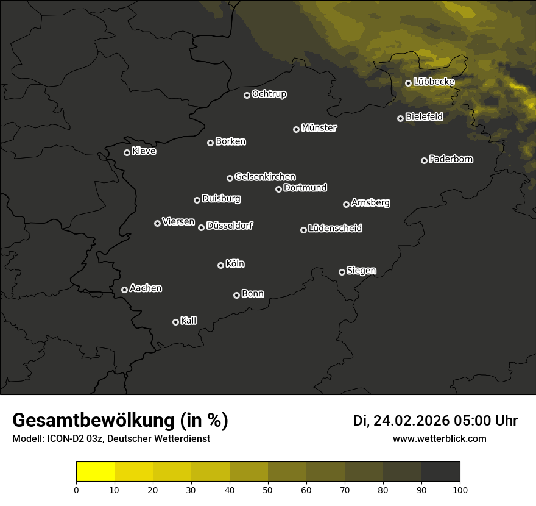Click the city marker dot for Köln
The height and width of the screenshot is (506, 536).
(220, 265)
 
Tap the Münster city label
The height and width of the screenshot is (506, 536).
(319, 128)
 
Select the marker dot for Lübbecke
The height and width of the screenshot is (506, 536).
(409, 83)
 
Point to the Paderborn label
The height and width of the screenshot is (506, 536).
(451, 159)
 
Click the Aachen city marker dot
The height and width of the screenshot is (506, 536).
(124, 290)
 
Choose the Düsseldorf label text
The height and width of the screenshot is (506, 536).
(230, 226)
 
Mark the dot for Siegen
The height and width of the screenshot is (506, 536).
(342, 272)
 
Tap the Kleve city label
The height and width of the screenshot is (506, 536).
(144, 151)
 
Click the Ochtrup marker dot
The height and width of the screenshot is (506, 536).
(247, 95)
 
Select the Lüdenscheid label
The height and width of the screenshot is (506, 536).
(336, 229)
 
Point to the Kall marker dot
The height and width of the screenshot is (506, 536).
(175, 322)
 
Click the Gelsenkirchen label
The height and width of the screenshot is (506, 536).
(265, 177)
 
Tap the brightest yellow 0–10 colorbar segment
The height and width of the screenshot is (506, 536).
(95, 472)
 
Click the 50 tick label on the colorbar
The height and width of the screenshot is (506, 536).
(268, 489)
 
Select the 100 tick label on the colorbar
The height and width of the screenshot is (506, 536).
(460, 489)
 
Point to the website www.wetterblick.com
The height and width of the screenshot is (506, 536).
(440, 438)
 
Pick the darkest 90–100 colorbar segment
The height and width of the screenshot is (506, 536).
(440, 472)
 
